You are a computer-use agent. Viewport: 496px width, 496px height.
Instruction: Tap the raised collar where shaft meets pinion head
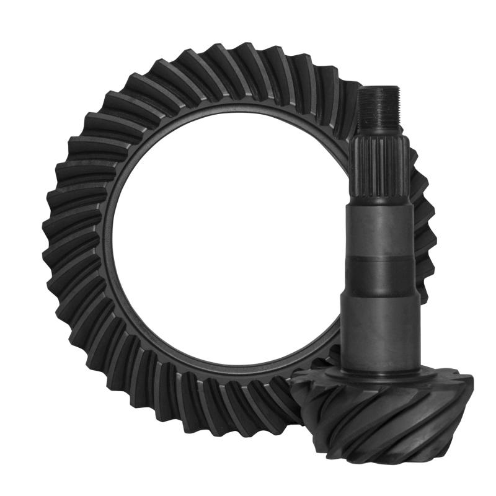[379, 372]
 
